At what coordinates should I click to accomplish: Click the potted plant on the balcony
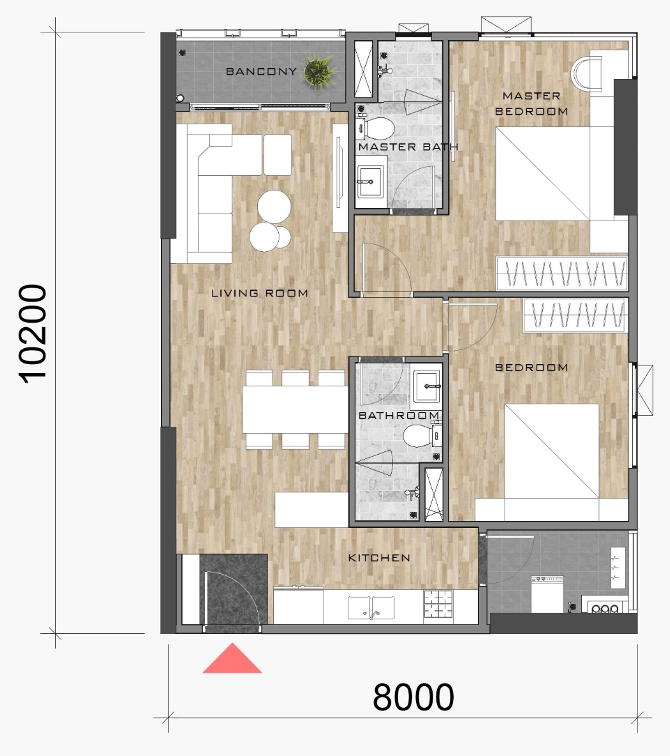[x=319, y=71]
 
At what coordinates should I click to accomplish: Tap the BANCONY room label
[x=261, y=72]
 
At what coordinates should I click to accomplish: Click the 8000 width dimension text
[x=413, y=697]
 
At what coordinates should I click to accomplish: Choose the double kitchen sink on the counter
[x=371, y=607]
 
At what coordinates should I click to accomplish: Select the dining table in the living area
[x=295, y=409]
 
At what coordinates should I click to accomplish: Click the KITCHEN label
[x=379, y=558]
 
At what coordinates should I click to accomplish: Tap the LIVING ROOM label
[x=259, y=293]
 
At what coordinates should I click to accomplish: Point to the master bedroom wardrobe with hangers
[x=561, y=274]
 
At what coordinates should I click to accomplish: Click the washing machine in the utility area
[x=547, y=594]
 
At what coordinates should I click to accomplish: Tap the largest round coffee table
[x=274, y=206]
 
